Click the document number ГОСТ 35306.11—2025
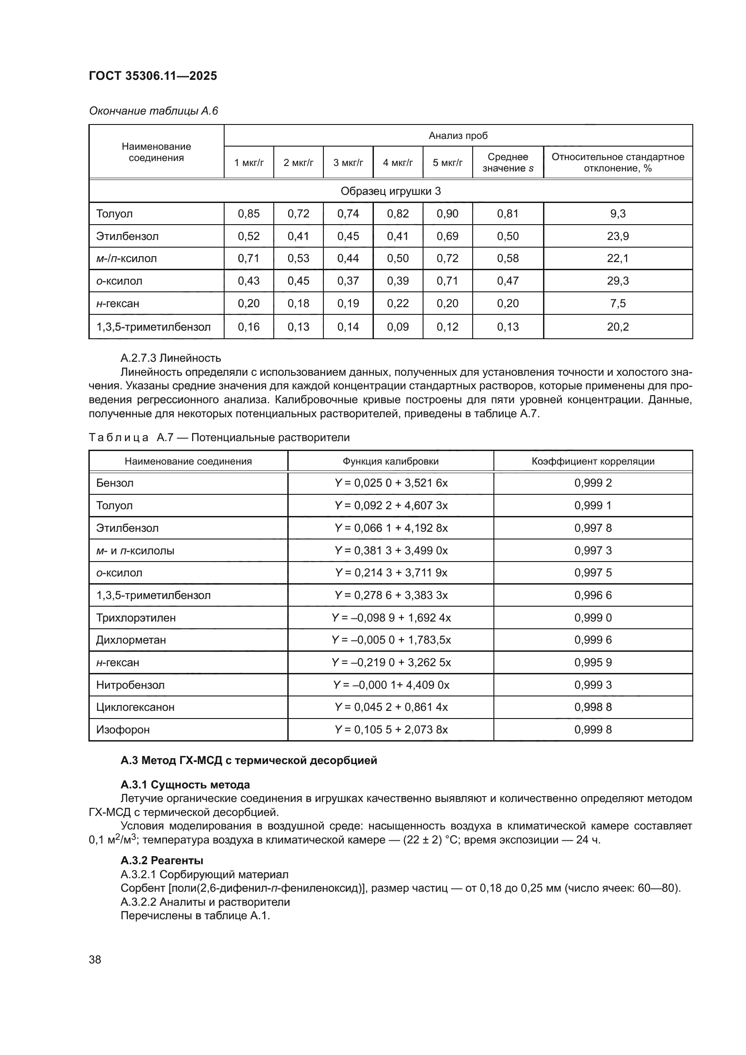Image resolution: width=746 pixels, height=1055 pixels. coord(152,76)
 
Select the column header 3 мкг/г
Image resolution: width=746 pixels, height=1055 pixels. coord(348,163)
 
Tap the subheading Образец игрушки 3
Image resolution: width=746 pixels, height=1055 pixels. coord(391,191)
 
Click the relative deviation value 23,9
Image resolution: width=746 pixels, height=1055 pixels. coord(617,236)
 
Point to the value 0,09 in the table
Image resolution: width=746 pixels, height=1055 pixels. coord(397,327)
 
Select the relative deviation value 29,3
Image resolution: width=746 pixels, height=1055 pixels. coord(617,281)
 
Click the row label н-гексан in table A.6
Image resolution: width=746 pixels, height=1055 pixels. coord(118,303)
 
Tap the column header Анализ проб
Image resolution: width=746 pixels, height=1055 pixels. coord(457,136)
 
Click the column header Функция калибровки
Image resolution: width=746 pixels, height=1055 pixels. coord(390,461)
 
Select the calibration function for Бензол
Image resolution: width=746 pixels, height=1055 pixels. coord(391,483)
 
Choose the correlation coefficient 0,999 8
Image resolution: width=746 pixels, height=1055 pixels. coord(593,730)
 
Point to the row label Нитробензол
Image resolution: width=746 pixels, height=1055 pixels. coord(130,685)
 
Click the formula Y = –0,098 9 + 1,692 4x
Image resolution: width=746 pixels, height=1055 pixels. coord(391,617)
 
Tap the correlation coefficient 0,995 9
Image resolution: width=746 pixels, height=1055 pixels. coord(593,663)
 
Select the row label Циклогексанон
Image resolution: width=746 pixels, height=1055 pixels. coord(135,707)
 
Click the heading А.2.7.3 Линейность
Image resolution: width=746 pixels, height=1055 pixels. coord(170,358)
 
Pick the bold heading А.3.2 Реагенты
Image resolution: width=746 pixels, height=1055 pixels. coord(162,860)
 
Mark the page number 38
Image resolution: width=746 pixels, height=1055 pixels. coord(95,959)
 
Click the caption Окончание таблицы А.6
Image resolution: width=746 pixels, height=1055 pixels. coord(153,111)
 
